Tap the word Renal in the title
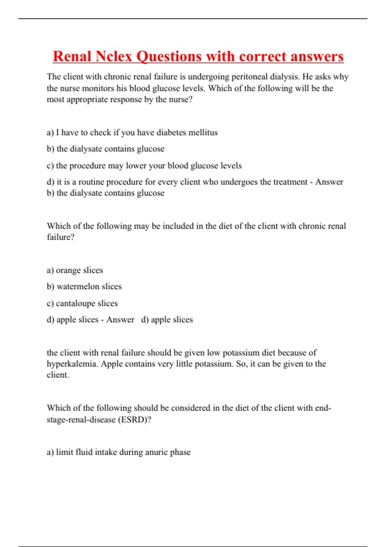pos(72,57)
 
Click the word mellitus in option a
pos(203,133)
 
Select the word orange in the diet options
pos(67,271)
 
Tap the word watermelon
pos(78,287)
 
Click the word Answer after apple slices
pos(120,320)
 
